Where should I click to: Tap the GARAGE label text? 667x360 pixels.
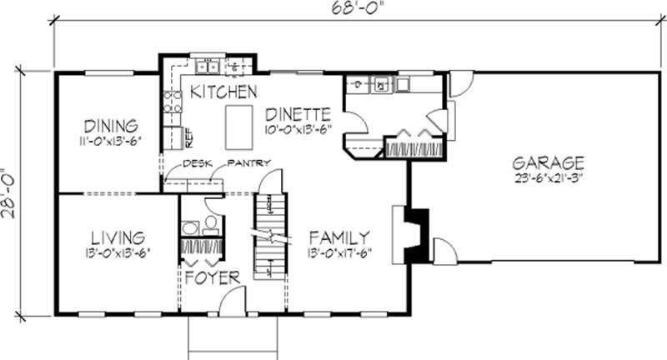coord(549,162)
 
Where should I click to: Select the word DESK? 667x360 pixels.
coord(194,163)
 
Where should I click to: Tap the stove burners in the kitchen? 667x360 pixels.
coord(173,102)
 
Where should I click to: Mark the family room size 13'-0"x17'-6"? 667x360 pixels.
coord(339,251)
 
